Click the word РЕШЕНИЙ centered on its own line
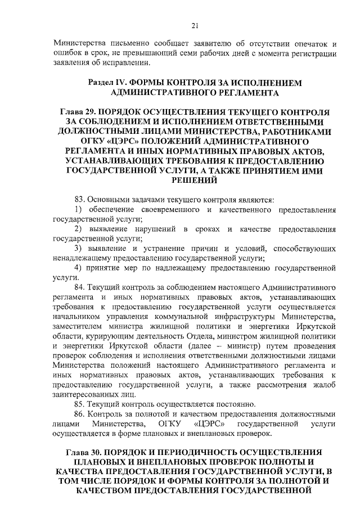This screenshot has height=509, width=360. click(195, 181)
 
